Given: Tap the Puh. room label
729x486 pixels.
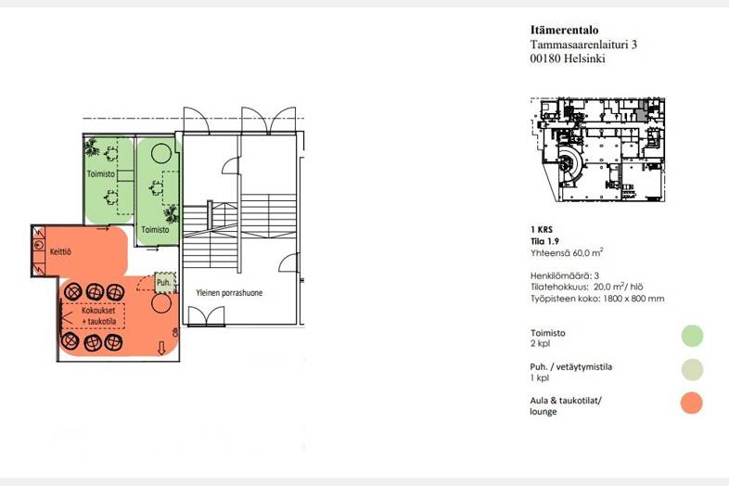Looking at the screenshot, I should (163, 282).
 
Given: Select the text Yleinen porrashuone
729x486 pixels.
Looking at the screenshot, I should (228, 292).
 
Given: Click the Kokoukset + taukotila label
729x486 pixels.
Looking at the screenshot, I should (93, 315).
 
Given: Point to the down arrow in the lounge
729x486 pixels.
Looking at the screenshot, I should (163, 349).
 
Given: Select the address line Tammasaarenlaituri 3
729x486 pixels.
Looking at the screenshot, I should (583, 44).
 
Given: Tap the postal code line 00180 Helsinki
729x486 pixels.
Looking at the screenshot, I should (568, 58).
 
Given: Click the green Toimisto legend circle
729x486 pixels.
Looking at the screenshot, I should (691, 336).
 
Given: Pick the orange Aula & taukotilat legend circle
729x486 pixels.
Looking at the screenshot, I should (691, 403).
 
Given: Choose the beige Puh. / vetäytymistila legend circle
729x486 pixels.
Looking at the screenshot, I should (691, 369).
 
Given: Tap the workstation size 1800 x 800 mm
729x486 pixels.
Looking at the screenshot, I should (596, 299).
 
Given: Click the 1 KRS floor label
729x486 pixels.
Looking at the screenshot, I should (542, 229).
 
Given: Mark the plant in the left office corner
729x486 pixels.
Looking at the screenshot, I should (91, 147).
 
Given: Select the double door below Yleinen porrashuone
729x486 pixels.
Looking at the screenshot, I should (205, 314).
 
